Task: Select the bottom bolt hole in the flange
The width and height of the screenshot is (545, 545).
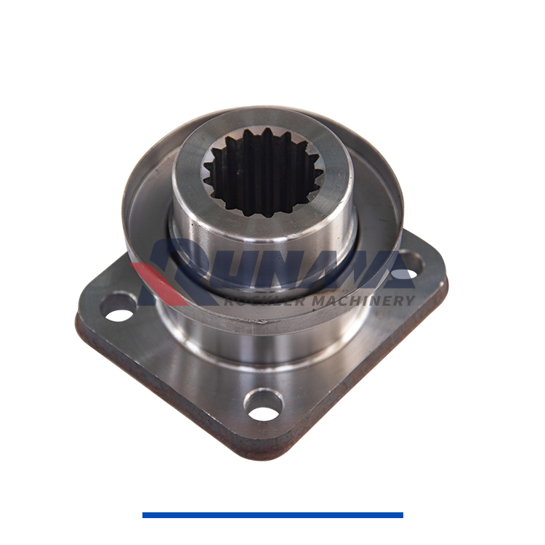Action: pos(263,405)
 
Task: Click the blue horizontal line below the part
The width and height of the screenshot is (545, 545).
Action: pos(272,515)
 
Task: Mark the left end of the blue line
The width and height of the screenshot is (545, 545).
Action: pos(145,515)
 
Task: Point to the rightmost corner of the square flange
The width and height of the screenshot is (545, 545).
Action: pos(445,280)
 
